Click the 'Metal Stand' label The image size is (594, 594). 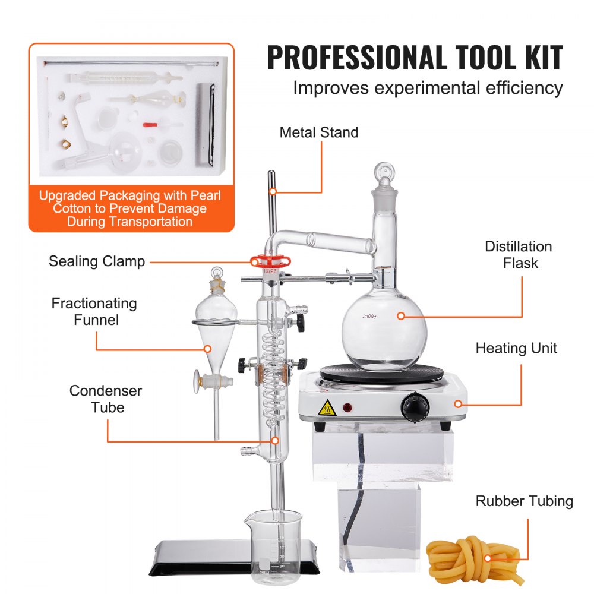click(x=319, y=132)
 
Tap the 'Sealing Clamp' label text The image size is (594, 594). click(x=97, y=261)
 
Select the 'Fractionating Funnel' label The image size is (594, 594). click(x=94, y=311)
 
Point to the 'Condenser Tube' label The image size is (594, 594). click(x=106, y=399)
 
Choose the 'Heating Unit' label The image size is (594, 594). click(x=516, y=348)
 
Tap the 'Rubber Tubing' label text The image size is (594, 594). click(x=524, y=501)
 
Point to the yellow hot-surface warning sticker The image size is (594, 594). click(x=327, y=408)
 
